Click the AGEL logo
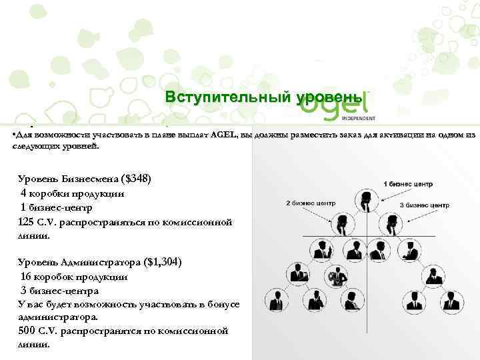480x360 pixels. tap(337, 104)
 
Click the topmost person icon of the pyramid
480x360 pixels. tap(365, 199)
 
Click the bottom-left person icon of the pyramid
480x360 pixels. tap(274, 297)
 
